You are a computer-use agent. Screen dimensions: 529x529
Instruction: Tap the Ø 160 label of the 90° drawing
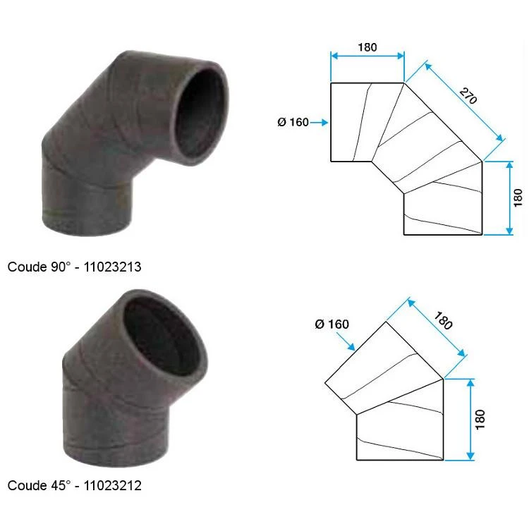[293, 122]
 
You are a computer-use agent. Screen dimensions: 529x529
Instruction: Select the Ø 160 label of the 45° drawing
[332, 324]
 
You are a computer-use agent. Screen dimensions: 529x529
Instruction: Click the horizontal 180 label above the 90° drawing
[367, 47]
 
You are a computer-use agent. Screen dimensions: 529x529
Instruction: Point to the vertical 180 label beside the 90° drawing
[518, 197]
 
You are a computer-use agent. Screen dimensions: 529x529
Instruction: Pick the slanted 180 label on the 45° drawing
[444, 320]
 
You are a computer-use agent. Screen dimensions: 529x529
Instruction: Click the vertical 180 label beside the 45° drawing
[480, 420]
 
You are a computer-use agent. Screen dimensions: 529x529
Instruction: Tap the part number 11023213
[112, 267]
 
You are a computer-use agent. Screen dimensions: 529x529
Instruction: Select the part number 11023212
[112, 485]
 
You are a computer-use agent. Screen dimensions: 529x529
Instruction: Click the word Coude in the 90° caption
[27, 267]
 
